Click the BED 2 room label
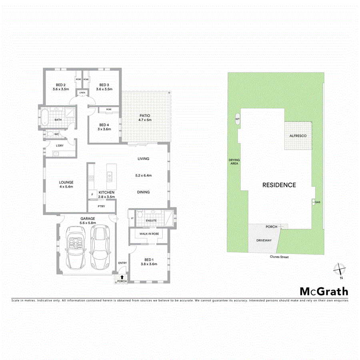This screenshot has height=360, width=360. click(x=60, y=85)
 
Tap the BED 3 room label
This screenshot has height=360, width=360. click(x=104, y=85)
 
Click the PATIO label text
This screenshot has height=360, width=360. click(x=144, y=116)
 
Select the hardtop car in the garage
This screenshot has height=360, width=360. click(x=100, y=247)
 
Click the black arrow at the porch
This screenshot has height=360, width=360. click(x=122, y=276)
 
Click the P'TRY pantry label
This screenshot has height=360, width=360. click(x=102, y=207)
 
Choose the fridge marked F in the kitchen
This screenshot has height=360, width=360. click(x=92, y=195)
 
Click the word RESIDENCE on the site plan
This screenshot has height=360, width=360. click(x=279, y=185)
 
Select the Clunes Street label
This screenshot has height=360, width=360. click(x=278, y=257)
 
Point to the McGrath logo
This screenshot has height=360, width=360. click(x=324, y=291)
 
